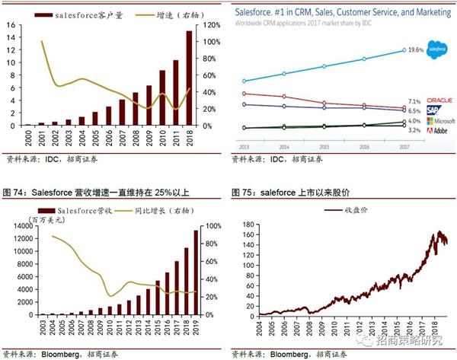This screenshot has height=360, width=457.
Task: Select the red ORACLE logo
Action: [x=438, y=99]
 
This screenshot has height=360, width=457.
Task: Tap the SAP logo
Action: [x=434, y=110]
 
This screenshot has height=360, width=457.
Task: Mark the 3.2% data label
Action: [x=414, y=130]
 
